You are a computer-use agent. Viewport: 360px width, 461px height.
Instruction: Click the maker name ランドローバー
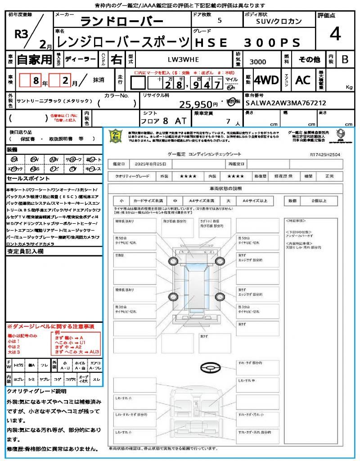[121, 21]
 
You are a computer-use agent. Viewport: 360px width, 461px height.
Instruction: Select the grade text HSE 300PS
[247, 43]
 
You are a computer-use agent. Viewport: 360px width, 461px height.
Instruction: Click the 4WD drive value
[266, 80]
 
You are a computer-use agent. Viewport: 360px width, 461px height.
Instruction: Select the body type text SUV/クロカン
[279, 21]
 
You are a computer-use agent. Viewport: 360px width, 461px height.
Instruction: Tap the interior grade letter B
[344, 59]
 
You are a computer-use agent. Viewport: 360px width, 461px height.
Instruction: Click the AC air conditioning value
[303, 80]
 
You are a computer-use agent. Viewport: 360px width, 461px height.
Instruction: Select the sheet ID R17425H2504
[325, 154]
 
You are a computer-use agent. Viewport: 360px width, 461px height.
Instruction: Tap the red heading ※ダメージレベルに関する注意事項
[50, 326]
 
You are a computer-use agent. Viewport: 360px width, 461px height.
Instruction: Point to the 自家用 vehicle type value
[35, 59]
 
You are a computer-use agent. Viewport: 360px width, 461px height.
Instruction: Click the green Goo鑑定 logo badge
[116, 136]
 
